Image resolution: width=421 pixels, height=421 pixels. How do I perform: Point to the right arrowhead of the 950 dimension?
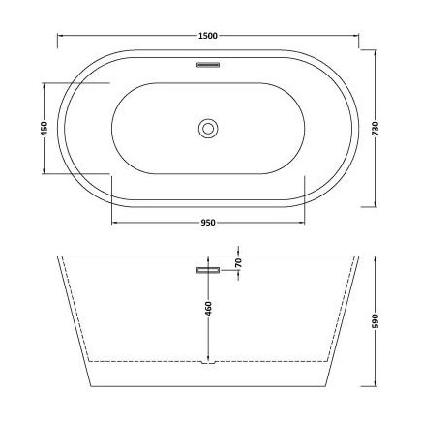tap(303, 223)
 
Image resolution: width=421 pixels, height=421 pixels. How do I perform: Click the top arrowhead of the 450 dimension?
tap(45, 84)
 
